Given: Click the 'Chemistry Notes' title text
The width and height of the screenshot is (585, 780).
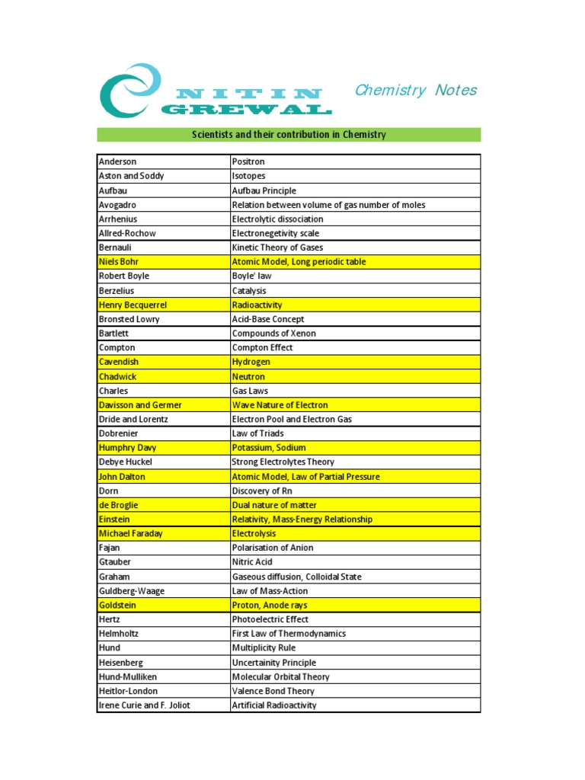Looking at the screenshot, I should click(415, 91).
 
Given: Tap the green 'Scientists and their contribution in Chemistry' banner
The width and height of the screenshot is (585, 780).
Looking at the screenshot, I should click(289, 135).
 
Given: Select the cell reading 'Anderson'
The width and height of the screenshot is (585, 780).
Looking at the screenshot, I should click(117, 161).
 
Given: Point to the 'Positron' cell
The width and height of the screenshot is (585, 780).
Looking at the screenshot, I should click(248, 161).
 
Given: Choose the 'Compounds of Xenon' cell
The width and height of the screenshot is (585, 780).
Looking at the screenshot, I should click(273, 334).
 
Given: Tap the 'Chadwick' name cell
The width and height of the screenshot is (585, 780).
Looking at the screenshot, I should click(119, 376).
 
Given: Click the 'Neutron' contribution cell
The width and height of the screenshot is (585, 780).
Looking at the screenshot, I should click(248, 376).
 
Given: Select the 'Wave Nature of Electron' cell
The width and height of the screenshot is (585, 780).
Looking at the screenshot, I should click(280, 405).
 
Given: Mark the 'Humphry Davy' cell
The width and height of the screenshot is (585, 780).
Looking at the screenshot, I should click(126, 448).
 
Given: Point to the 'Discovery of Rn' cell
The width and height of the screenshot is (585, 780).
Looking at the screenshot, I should click(264, 491).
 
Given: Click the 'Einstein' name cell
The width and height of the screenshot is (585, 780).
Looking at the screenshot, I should click(114, 519).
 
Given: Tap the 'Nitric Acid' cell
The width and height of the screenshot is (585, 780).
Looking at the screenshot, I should click(251, 562).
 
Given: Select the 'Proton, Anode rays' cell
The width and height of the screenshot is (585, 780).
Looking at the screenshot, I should click(270, 605).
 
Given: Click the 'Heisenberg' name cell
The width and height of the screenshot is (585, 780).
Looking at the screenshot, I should click(120, 663).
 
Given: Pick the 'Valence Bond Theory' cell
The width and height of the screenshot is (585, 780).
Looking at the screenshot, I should click(273, 691).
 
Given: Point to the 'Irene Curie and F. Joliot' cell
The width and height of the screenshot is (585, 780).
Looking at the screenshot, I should click(144, 705).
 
